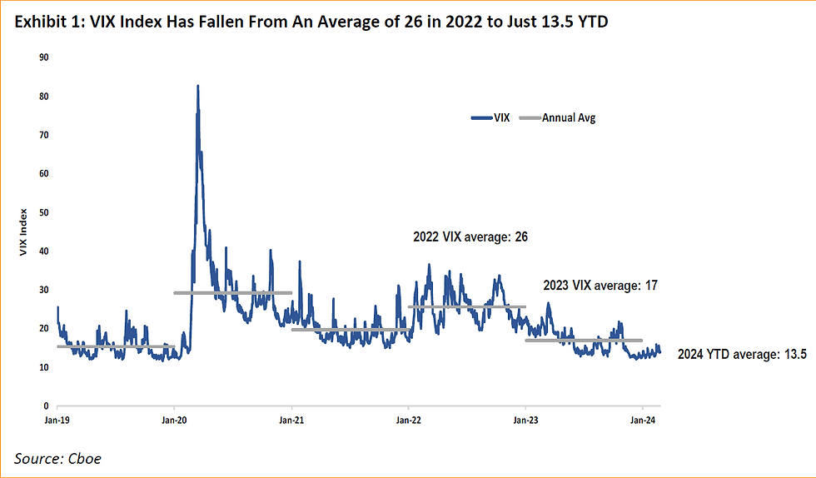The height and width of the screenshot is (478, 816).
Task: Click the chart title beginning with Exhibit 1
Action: click(309, 22)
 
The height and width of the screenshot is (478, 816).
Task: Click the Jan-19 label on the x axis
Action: click(57, 421)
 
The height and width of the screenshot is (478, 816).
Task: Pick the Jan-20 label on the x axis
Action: click(173, 421)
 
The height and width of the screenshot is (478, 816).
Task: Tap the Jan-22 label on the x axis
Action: click(408, 421)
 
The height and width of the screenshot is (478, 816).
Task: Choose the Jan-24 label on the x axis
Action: click(642, 421)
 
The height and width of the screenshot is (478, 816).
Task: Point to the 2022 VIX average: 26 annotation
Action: click(470, 237)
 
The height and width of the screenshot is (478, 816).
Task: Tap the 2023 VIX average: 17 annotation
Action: click(600, 285)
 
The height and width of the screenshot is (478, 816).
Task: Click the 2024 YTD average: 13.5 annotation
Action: click(742, 355)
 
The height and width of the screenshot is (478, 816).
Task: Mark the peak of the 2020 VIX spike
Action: click(197, 86)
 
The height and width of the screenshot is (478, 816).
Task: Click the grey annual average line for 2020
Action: click(232, 293)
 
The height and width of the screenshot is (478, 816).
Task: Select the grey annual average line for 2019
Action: click(116, 346)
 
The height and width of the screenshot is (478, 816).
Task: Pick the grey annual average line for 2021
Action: click(350, 330)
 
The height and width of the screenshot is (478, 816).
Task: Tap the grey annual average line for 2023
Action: click(583, 340)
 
